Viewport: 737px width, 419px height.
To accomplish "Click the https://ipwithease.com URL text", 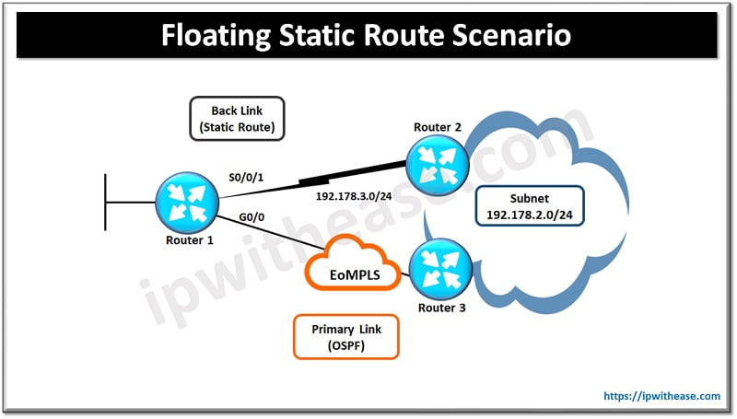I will click(662, 396).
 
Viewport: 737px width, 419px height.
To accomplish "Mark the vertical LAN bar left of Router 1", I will click(107, 201).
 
